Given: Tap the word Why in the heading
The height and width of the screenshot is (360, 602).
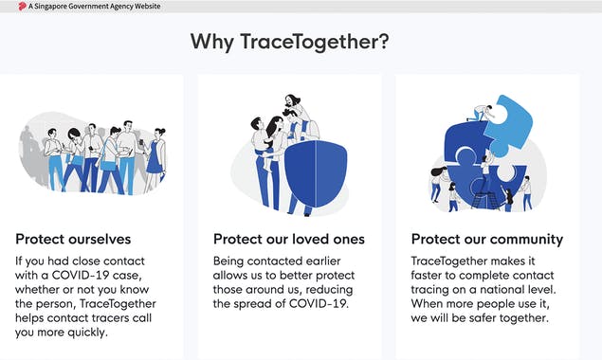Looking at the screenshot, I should click(214, 43).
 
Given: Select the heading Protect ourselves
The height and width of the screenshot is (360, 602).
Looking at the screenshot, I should click(73, 239).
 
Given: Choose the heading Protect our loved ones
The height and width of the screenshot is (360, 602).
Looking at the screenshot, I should click(288, 239).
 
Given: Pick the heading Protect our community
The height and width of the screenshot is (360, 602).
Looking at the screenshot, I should click(486, 239).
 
